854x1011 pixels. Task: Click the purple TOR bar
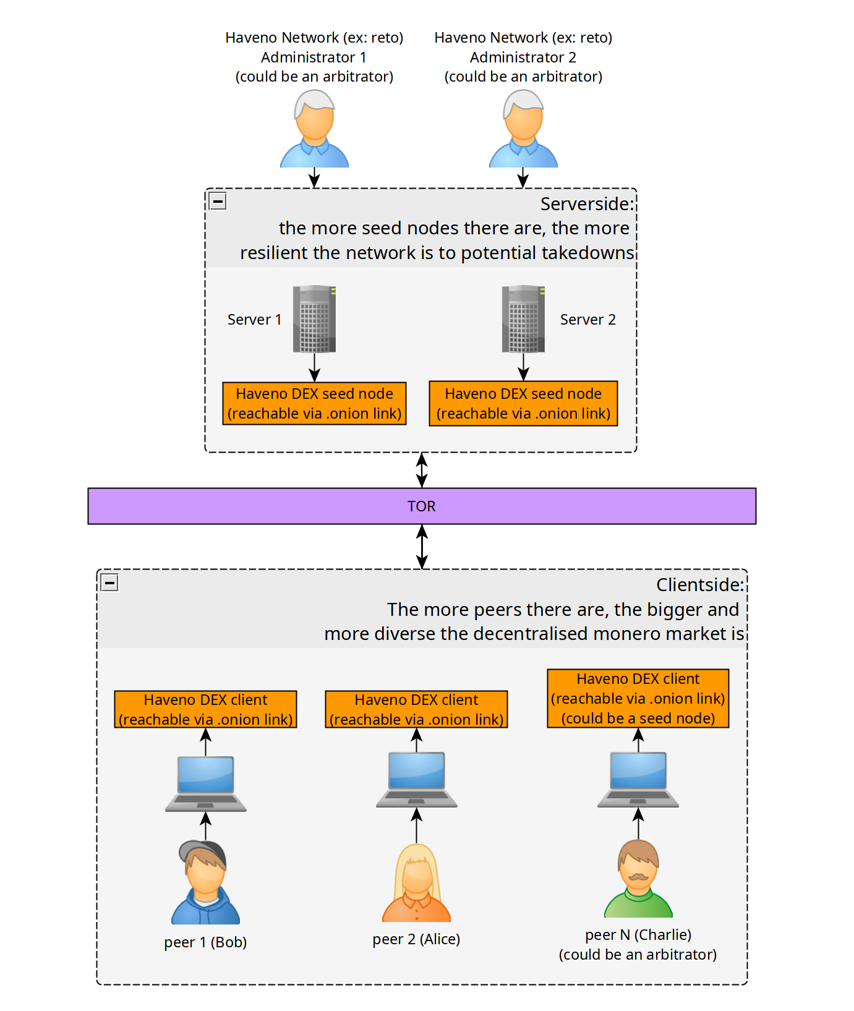point(422,506)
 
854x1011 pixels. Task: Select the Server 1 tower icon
point(315,319)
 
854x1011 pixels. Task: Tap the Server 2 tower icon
point(524,319)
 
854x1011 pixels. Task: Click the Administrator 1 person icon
point(315,129)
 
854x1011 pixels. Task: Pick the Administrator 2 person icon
point(524,129)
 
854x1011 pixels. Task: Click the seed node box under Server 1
point(315,404)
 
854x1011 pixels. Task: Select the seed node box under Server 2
point(524,404)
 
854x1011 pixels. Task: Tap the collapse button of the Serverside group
point(218,201)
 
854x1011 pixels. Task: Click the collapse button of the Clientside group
point(109,582)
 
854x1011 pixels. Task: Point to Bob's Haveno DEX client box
point(206,709)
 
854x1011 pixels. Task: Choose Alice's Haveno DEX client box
point(417,709)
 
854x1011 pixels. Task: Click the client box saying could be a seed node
point(638,699)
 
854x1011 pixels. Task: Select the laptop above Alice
point(417,780)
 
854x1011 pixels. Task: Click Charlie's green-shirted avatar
point(638,879)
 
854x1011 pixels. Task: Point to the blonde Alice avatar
point(417,883)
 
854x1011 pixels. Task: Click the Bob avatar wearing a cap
point(206,882)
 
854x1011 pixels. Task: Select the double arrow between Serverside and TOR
point(422,471)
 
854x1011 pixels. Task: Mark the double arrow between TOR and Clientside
point(422,547)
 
